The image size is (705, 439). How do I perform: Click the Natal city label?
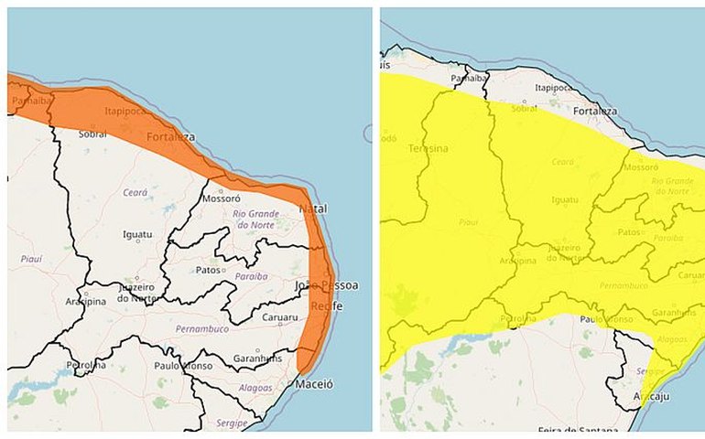[313, 209]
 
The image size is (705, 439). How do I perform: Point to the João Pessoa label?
[326, 285]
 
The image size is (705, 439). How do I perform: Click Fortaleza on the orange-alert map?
[170, 137]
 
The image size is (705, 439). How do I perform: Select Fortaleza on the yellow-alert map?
[596, 112]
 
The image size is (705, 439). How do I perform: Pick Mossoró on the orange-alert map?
[221, 198]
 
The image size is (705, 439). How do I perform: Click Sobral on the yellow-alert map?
[525, 107]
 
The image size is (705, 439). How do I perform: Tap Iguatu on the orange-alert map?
[138, 234]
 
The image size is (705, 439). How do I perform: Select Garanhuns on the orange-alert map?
[256, 358]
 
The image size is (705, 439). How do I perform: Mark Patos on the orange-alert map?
[209, 270]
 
